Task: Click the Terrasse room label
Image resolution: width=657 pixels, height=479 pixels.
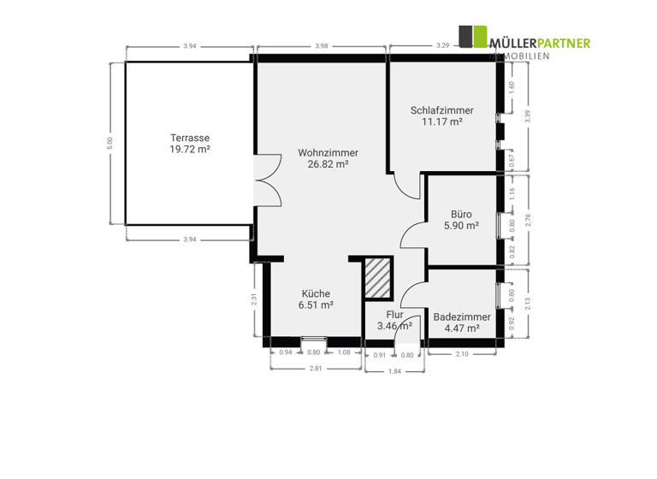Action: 190,138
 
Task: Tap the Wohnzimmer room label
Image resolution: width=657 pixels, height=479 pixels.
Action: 328,152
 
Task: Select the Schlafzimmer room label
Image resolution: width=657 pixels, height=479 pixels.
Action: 441,110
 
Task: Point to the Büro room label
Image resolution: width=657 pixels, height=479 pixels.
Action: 461,215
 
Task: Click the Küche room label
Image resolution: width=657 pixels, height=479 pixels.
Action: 315,293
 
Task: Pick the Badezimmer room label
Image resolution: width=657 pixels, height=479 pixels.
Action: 462,316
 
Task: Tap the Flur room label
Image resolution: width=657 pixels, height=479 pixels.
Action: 394,314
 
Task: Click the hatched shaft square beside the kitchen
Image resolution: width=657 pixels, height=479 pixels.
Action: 376,278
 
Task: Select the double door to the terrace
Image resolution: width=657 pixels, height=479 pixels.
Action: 267,178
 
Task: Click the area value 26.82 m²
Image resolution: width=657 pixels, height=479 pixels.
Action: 328,164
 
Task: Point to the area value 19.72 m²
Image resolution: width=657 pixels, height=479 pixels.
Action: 190,149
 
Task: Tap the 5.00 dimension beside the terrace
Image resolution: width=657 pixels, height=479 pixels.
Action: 109,140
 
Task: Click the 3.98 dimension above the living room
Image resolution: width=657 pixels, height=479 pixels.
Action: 322,45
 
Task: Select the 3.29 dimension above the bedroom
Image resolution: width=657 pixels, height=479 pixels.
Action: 442,45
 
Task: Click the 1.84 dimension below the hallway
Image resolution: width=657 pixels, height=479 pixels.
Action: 394,370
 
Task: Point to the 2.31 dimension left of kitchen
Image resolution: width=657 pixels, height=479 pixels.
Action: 255,299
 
